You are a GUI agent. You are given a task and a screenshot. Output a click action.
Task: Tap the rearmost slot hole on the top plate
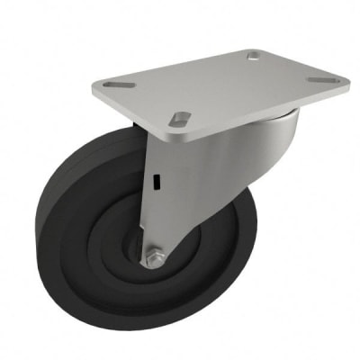tap(256, 58)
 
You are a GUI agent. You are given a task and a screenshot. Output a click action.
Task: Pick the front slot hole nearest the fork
tap(181, 117)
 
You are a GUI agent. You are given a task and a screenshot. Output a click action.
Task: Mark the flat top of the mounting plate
tap(225, 85)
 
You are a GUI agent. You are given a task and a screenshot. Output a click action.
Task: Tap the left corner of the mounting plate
tap(94, 88)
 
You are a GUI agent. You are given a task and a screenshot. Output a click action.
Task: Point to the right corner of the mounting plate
tap(346, 79)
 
